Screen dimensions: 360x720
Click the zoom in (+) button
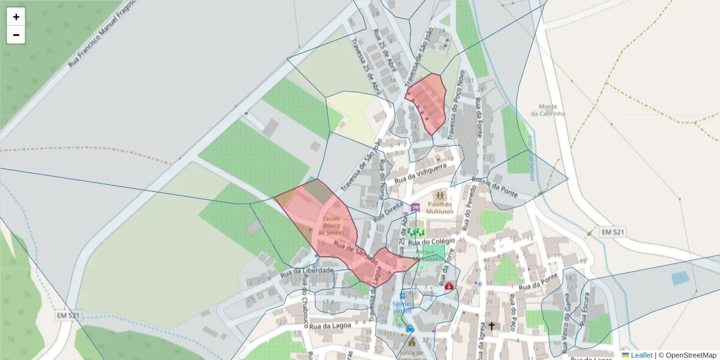tap(16, 17)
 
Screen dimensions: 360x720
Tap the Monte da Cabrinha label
tap(548, 110)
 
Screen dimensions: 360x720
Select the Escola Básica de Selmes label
tap(331, 226)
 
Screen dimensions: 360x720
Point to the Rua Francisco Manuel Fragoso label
tap(101, 33)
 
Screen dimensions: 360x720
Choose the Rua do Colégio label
tap(427, 242)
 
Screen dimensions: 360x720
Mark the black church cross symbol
tap(492, 326)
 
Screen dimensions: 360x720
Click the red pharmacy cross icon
tap(449, 287)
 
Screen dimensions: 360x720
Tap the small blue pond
tap(680, 278)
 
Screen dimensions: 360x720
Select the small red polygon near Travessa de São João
tap(427, 102)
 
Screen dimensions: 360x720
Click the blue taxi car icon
tap(410, 329)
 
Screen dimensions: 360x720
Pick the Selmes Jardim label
tap(402, 307)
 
